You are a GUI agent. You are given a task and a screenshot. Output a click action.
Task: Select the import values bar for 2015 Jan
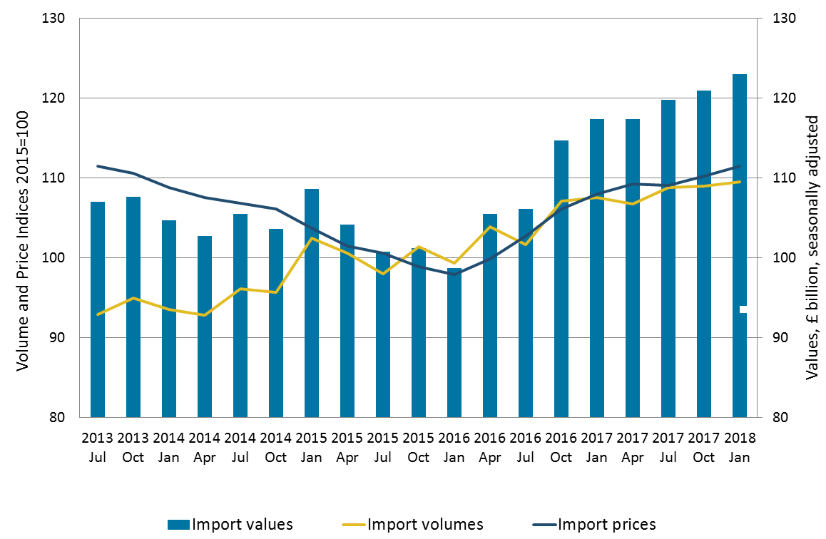[312, 335]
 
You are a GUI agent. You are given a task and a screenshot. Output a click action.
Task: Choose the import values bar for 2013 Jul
[98, 342]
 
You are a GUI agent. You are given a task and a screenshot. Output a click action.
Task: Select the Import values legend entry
[230, 525]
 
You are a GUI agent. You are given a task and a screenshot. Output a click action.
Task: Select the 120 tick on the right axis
[779, 98]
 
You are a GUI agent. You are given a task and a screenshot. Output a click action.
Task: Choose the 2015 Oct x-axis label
[419, 446]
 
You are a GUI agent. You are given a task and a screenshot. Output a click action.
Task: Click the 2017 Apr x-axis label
[633, 446]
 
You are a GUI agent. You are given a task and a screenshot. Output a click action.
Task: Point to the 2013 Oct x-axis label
[133, 446]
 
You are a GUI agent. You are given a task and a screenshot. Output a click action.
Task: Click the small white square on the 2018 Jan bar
[743, 309]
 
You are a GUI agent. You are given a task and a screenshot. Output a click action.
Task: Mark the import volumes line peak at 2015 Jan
[312, 237]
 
